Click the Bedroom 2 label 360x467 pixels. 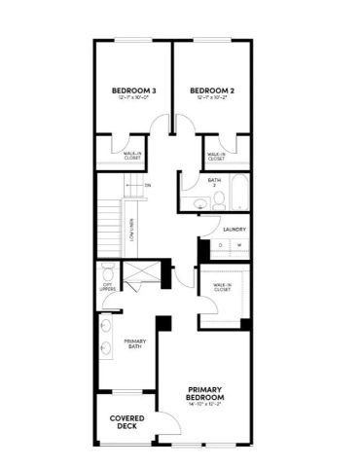tap(213, 90)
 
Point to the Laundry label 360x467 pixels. tap(233, 230)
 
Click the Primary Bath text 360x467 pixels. tap(134, 343)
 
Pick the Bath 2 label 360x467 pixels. tap(213, 182)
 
